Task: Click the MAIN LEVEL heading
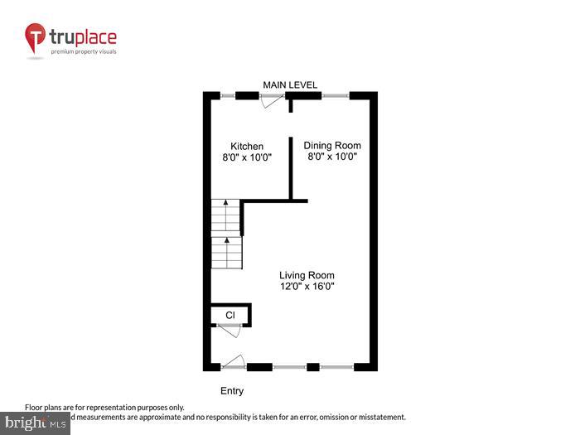[x=290, y=85]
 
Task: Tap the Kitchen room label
[x=247, y=146]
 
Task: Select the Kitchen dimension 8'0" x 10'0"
[x=247, y=157]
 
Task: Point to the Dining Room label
[x=331, y=145]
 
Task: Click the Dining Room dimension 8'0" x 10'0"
[x=331, y=157]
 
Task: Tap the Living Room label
[x=307, y=275]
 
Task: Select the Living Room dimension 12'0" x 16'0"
[x=307, y=287]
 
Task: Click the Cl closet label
[x=230, y=315]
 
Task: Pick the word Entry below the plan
[x=232, y=391]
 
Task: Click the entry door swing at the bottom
[x=234, y=361]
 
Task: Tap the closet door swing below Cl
[x=230, y=331]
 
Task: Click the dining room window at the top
[x=335, y=96]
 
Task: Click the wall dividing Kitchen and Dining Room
[x=291, y=166]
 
